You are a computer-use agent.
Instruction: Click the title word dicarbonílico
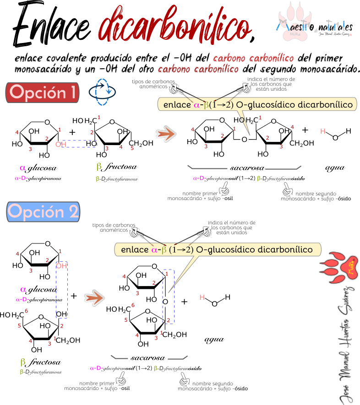point(175,25)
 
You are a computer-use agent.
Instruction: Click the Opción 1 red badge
point(42,92)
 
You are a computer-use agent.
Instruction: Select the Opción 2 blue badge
point(44,212)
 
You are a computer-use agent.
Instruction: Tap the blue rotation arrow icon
point(102,92)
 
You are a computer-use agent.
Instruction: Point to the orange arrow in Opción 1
point(166,134)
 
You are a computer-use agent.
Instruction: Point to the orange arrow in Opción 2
point(94,298)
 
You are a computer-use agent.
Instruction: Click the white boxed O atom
point(245,139)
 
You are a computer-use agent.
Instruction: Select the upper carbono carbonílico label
point(253,59)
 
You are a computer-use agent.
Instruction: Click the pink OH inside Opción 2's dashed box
point(61,266)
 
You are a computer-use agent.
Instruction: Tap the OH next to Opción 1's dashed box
point(60,145)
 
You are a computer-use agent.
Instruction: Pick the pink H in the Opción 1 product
point(323,132)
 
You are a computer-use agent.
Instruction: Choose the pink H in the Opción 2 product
point(202,297)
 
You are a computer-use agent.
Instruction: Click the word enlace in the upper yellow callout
point(177,105)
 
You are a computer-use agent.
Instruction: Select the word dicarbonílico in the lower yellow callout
point(285,250)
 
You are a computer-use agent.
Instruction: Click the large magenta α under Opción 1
point(23,168)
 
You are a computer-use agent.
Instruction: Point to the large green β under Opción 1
point(99,166)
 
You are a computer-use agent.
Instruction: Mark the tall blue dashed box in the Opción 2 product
point(168,297)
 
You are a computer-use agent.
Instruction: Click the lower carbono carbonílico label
point(198,70)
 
